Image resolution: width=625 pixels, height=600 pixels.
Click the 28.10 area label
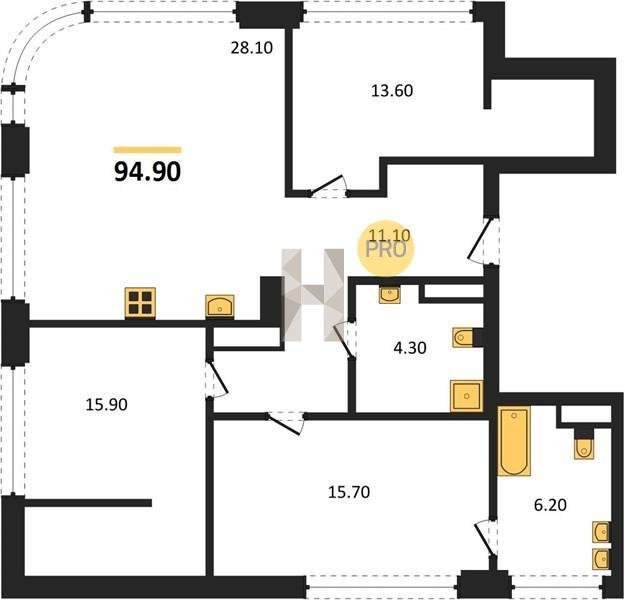pyautogui.click(x=252, y=48)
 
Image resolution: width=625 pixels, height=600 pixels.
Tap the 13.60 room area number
pyautogui.click(x=392, y=91)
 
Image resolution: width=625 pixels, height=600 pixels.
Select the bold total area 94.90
pyautogui.click(x=147, y=172)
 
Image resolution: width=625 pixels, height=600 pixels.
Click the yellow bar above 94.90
pyautogui.click(x=147, y=150)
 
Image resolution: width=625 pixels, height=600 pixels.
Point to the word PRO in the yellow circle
pyautogui.click(x=386, y=250)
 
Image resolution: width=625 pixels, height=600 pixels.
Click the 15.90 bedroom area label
pyautogui.click(x=106, y=405)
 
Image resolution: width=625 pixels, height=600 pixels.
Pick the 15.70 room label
pyautogui.click(x=349, y=492)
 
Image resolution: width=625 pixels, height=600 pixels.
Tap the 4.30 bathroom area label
pyautogui.click(x=409, y=348)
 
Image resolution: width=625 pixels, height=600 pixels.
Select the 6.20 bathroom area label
pyautogui.click(x=550, y=506)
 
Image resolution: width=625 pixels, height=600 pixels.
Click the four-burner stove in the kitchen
pyautogui.click(x=140, y=303)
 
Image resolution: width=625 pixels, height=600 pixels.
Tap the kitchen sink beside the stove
pyautogui.click(x=220, y=307)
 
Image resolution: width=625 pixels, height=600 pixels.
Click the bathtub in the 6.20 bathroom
pyautogui.click(x=514, y=441)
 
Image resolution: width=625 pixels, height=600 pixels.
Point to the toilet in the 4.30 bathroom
pyautogui.click(x=463, y=338)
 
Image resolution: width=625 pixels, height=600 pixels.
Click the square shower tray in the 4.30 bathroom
pyautogui.click(x=466, y=396)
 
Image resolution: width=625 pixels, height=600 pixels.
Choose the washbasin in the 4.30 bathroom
pyautogui.click(x=389, y=295)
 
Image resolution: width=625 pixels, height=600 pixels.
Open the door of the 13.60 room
pyautogui.click(x=328, y=186)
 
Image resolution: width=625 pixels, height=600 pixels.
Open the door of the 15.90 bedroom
pyautogui.click(x=216, y=379)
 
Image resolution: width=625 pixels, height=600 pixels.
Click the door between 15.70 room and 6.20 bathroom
pyautogui.click(x=485, y=539)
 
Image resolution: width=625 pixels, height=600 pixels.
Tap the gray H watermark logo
pyautogui.click(x=313, y=295)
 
